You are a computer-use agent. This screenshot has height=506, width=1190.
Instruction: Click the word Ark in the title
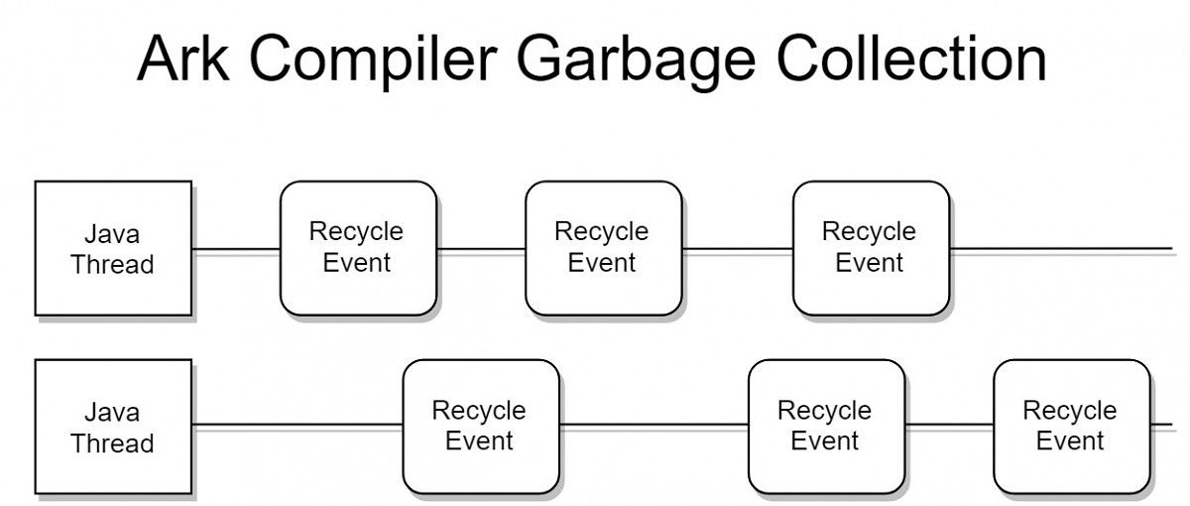(x=183, y=59)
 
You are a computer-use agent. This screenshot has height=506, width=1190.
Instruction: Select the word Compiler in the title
(x=373, y=62)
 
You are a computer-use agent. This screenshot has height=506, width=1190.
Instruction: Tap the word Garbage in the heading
(x=636, y=62)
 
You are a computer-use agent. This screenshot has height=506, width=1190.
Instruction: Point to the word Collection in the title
(x=911, y=59)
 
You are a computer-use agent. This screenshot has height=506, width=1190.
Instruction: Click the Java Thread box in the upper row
(x=113, y=248)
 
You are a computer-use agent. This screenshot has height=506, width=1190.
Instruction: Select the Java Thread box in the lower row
(x=113, y=427)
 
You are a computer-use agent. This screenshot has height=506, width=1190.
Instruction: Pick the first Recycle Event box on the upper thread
(x=359, y=248)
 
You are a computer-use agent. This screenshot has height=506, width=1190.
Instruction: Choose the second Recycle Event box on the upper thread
(x=604, y=248)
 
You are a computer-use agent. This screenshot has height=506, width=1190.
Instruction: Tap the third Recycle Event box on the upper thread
(x=872, y=248)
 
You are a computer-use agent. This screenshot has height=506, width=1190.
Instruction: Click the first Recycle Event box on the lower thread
(x=481, y=427)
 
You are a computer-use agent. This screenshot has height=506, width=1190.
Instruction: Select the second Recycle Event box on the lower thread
(x=827, y=427)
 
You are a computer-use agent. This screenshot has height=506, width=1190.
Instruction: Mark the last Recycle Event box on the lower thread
(x=1072, y=427)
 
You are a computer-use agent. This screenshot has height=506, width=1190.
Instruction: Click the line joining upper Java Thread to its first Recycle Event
(x=236, y=249)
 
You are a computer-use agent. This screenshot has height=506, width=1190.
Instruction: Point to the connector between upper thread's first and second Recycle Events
(x=481, y=249)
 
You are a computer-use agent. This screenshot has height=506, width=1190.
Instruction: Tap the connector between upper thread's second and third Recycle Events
(x=738, y=249)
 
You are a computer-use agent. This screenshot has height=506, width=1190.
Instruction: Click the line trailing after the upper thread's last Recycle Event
(x=1061, y=248)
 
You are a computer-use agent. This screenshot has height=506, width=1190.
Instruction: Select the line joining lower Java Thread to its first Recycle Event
(x=297, y=425)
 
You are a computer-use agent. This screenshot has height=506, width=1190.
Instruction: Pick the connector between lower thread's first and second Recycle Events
(x=654, y=425)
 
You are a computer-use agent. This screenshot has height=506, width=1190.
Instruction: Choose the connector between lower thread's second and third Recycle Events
(x=950, y=425)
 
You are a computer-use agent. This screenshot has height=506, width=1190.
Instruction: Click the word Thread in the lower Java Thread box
(x=112, y=443)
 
